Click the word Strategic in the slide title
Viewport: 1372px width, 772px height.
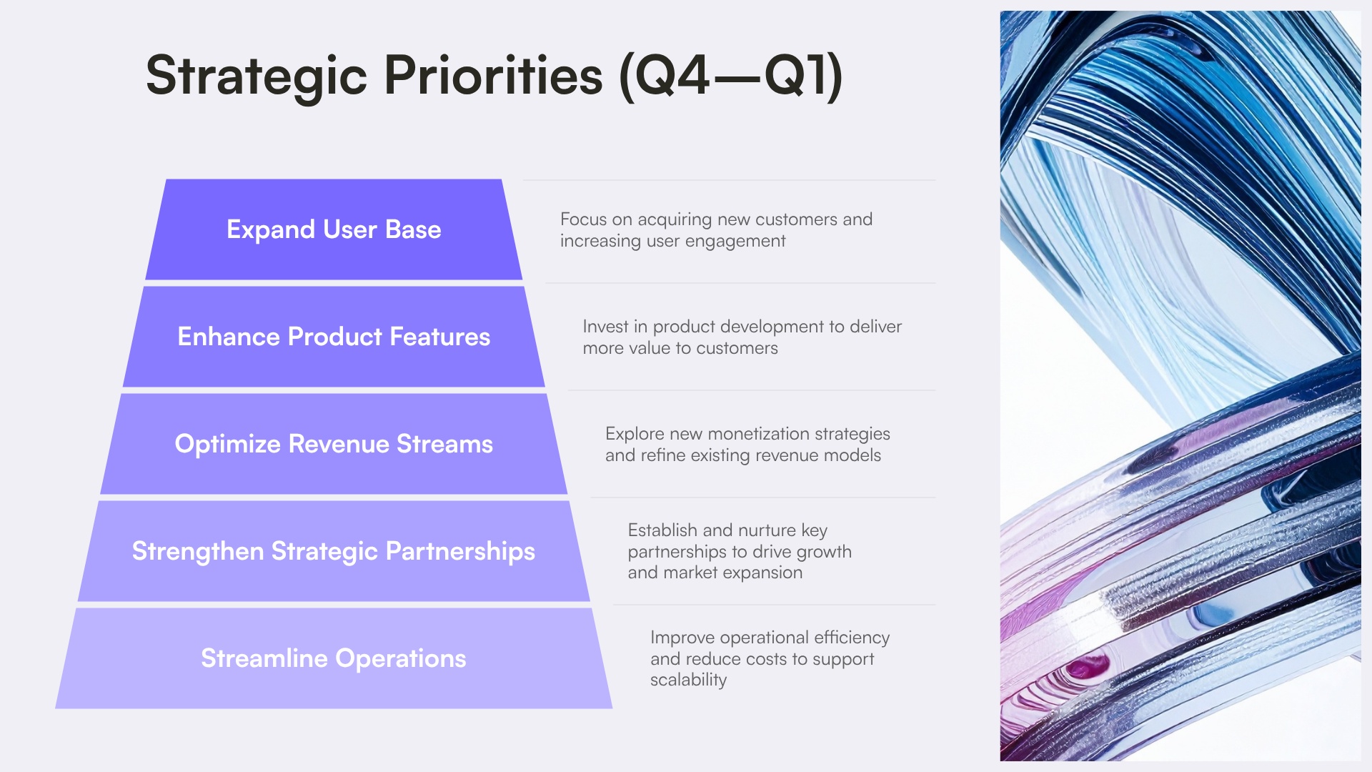256,76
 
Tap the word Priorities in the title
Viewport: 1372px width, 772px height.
493,76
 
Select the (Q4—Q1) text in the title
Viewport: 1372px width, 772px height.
730,76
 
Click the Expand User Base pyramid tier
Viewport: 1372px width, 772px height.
334,229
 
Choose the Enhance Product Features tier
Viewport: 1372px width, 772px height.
334,337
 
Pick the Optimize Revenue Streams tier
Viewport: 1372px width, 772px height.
334,444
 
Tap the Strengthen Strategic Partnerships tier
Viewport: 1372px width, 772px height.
334,551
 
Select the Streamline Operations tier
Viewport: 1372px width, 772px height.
334,658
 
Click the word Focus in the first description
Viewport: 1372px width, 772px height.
583,219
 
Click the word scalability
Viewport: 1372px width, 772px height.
688,680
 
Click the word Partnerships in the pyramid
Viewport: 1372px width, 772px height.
460,551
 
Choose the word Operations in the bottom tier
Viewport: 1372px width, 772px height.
400,658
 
